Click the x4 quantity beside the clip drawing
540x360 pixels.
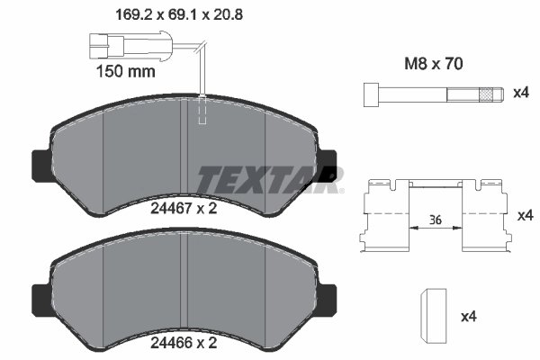pos(525,217)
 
